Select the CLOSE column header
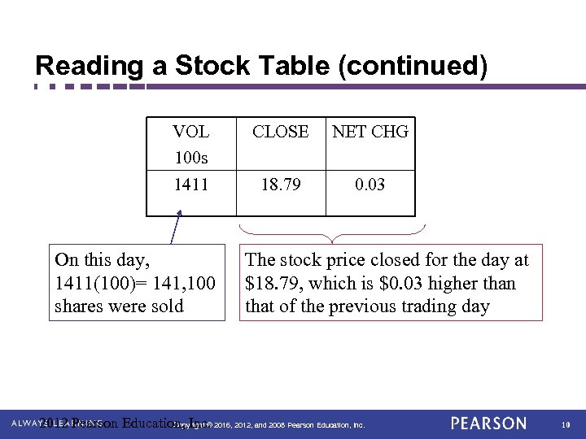[x=280, y=131]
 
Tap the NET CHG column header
[x=370, y=131]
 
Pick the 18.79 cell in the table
[x=280, y=185]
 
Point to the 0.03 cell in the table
[x=370, y=185]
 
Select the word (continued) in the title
[x=424, y=66]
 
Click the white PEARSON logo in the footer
[x=488, y=424]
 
